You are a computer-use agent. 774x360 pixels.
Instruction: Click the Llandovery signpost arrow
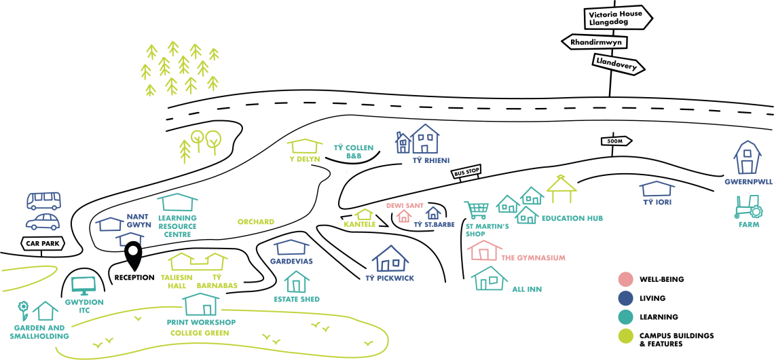click(617, 65)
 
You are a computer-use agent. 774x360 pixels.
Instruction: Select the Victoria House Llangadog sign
click(618, 18)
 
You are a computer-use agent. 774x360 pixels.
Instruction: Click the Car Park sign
click(41, 244)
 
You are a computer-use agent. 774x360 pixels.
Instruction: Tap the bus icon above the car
click(43, 200)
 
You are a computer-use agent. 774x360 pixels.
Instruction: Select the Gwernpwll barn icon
click(745, 158)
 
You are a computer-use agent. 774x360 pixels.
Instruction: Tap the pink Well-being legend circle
click(625, 279)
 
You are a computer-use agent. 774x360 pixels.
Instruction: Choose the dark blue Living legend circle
click(625, 298)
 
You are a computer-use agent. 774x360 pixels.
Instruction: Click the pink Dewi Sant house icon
click(404, 216)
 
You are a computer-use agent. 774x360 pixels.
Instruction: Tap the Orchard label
click(255, 222)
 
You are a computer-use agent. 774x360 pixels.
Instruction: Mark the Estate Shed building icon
click(296, 282)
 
